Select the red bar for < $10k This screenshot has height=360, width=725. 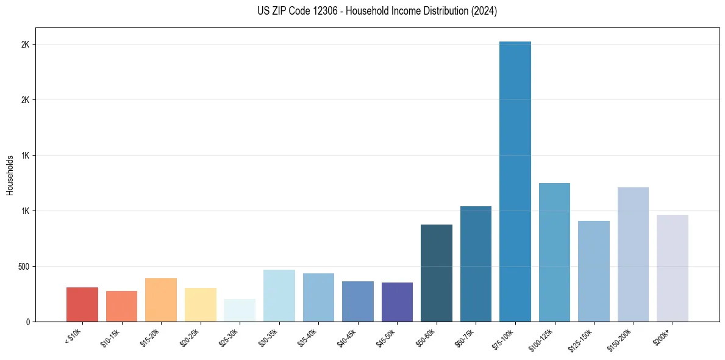point(82,304)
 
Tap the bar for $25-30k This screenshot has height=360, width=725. point(240,310)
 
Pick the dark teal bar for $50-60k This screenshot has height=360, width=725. point(437,273)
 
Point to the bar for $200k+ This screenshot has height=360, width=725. point(673,268)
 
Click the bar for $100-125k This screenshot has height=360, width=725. point(554,252)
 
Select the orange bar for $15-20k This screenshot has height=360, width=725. point(161,300)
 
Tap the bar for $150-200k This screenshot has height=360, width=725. point(633,254)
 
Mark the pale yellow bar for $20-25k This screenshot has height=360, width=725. point(201,304)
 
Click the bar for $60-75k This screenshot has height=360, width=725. point(476,264)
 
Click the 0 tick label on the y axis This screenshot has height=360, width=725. point(27,322)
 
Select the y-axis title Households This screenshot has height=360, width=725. point(10,175)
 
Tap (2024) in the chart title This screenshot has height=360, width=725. point(484,11)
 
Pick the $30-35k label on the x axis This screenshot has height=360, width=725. point(268,337)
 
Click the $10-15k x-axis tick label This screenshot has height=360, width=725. point(110,337)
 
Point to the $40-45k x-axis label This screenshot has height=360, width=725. point(347,337)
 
